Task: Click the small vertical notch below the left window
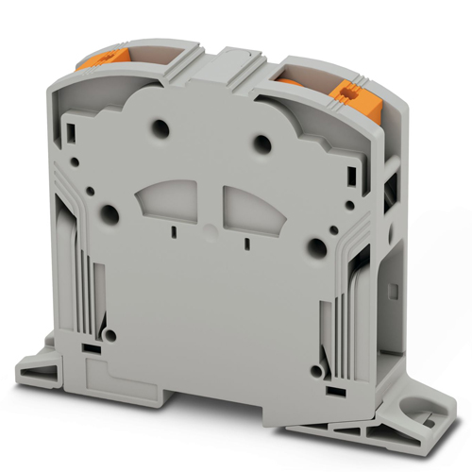(175, 229)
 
